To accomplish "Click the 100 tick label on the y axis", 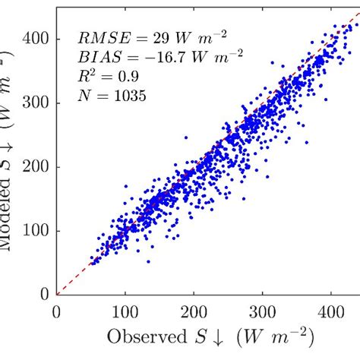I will click(x=39, y=231).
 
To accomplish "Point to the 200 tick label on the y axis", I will click(x=39, y=166).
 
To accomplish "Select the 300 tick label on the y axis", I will click(x=39, y=102).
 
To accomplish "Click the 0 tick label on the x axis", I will click(x=56, y=310).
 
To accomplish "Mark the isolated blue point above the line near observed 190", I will click(x=187, y=138).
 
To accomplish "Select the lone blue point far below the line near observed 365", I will click(x=307, y=141).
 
